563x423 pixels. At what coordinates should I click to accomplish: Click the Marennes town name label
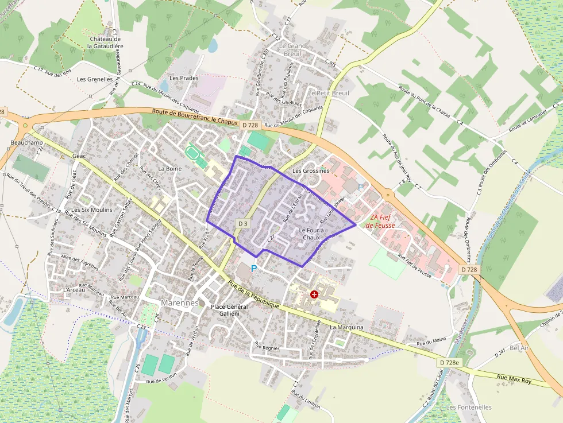[179, 302]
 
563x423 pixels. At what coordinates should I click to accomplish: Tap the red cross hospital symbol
[314, 294]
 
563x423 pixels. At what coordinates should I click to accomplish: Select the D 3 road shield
[242, 223]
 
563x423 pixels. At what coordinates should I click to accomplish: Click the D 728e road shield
[449, 362]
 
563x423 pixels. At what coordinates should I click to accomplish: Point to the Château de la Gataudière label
[104, 42]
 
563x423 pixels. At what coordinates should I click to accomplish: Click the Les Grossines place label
[311, 170]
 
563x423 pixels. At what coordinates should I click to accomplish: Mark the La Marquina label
[346, 327]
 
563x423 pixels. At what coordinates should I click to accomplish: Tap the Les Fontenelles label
[469, 407]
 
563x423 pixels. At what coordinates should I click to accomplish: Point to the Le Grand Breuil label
[292, 49]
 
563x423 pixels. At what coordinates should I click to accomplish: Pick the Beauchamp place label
[24, 142]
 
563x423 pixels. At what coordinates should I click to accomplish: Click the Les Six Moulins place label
[92, 210]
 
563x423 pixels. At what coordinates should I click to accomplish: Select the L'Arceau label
[75, 290]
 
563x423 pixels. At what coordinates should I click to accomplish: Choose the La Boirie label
[169, 169]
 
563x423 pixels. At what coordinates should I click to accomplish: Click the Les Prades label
[184, 78]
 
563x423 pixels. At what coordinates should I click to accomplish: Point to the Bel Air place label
[518, 348]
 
